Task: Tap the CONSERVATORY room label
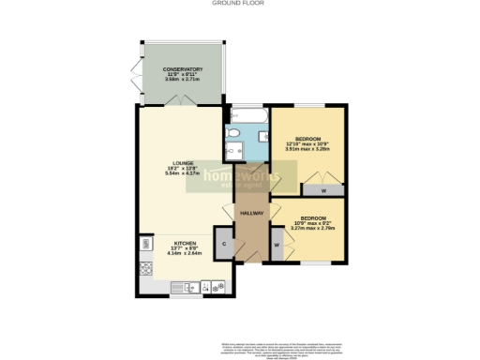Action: coord(183,69)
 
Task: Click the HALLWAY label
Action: coord(252,214)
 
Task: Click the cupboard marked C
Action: coord(224,244)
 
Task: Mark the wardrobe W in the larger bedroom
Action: coord(323,190)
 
